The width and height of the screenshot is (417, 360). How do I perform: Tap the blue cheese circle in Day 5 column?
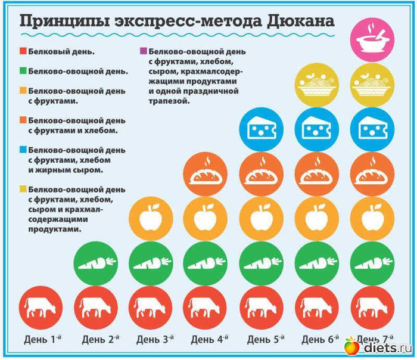(x=261, y=129)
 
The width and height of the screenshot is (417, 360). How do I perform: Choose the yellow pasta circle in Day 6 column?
(x=316, y=85)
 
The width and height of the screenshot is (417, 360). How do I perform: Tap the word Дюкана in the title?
(x=302, y=21)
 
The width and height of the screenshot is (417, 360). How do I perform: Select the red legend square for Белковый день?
(x=23, y=52)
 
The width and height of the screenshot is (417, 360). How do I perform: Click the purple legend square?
(x=144, y=52)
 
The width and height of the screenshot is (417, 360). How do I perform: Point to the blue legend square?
(x=23, y=150)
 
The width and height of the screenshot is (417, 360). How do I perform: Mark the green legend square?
(x=23, y=72)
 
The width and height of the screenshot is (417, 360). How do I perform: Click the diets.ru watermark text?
(x=386, y=347)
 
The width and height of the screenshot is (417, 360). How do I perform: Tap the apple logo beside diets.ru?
(x=352, y=346)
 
